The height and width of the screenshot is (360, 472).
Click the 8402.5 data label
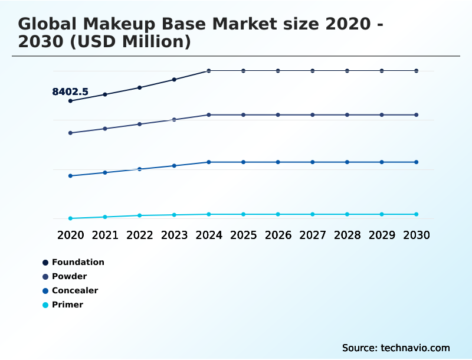(x=70, y=91)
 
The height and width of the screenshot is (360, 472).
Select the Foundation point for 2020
(x=70, y=101)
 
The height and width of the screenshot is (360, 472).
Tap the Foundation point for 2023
(x=174, y=80)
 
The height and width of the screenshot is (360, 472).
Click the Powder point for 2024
(x=209, y=114)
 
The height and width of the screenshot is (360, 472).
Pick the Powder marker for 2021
(x=105, y=129)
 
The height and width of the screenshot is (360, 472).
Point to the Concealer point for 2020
(x=70, y=176)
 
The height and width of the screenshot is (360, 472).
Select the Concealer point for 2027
(x=313, y=162)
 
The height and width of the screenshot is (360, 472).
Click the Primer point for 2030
(x=417, y=214)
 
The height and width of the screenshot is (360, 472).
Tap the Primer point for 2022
(x=140, y=215)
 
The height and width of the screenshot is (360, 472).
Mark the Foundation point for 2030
(x=417, y=71)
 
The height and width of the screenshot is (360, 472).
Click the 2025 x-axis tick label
(x=243, y=235)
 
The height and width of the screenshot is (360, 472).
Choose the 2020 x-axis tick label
(x=70, y=235)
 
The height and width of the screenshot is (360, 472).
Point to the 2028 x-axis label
(x=347, y=235)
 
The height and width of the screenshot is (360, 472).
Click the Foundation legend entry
(x=77, y=262)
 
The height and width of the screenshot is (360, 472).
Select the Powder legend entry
(x=69, y=276)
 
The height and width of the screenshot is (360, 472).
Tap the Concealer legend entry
(x=74, y=290)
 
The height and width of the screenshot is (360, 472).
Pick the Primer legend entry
(x=67, y=305)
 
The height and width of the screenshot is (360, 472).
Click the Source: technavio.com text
(x=396, y=348)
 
